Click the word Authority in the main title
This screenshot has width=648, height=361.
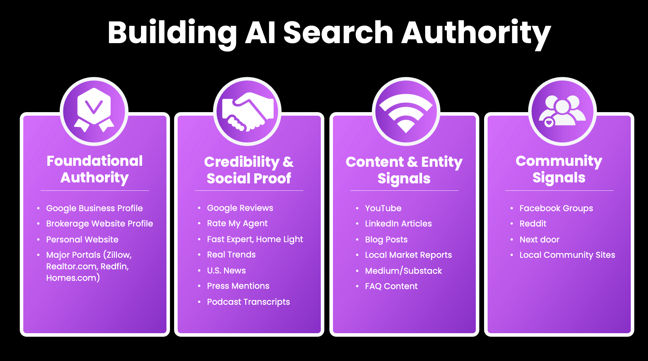[476, 33]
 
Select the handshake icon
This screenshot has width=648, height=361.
[247, 111]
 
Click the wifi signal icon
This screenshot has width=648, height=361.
[406, 111]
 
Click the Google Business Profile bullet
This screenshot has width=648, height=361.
[94, 208]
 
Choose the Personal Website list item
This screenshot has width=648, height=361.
[82, 240]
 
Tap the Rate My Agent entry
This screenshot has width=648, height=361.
[237, 224]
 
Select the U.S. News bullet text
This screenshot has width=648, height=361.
[226, 271]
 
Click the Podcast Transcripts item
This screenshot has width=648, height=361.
[248, 302]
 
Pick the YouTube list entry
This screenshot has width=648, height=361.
[383, 208]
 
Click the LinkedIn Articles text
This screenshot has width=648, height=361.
[398, 224]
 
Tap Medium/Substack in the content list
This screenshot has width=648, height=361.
[403, 271]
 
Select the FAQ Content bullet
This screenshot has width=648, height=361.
[391, 286]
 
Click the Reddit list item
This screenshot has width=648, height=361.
[533, 224]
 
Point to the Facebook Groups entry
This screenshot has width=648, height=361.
[556, 208]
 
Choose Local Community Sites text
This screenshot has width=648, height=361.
[567, 255]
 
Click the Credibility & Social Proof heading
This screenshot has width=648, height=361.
[249, 170]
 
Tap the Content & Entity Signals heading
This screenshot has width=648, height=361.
[404, 170]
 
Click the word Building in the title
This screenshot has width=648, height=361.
[172, 33]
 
